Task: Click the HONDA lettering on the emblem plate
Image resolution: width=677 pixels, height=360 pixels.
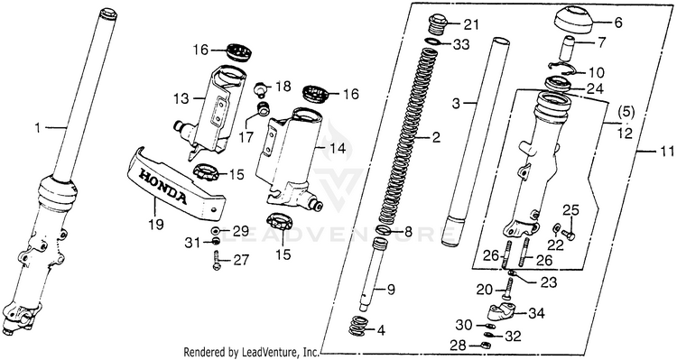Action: click(162, 186)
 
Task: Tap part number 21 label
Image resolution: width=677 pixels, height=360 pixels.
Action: click(470, 24)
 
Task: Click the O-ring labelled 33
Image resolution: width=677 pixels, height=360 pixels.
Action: click(433, 42)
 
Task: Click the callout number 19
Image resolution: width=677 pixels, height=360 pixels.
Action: click(156, 225)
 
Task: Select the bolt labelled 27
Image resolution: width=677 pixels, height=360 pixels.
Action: click(217, 261)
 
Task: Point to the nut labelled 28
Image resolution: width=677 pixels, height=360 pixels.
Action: click(485, 345)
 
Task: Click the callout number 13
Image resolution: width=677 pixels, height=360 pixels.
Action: click(181, 99)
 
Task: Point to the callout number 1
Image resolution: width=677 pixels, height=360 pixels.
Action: click(38, 128)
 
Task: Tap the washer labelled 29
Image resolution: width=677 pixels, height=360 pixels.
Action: click(216, 230)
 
